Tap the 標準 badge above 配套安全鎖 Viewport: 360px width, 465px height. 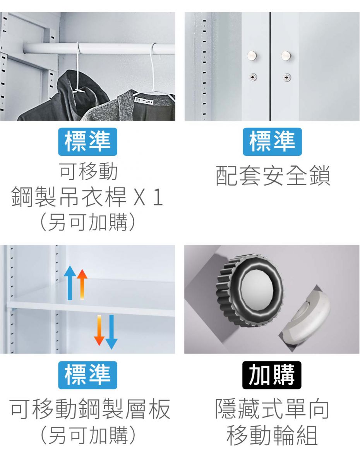[272, 142]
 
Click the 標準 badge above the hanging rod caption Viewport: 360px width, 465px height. [87, 142]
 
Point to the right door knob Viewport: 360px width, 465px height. [286, 55]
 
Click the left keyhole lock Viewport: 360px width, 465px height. [253, 77]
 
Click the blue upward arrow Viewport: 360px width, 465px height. [70, 282]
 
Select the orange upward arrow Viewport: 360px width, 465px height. [82, 284]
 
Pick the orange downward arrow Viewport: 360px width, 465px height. [99, 330]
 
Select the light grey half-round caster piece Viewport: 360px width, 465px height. [305, 316]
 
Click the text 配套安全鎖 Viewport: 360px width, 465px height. [273, 176]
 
